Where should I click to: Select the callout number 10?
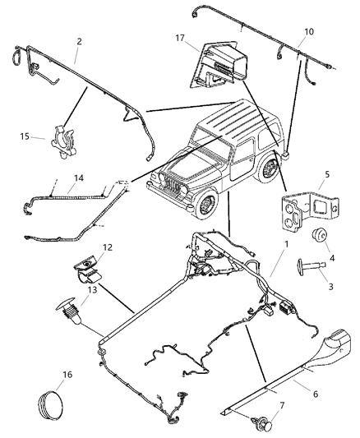(x=308, y=32)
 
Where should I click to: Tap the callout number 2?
(x=78, y=39)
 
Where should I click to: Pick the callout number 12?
(x=108, y=247)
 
